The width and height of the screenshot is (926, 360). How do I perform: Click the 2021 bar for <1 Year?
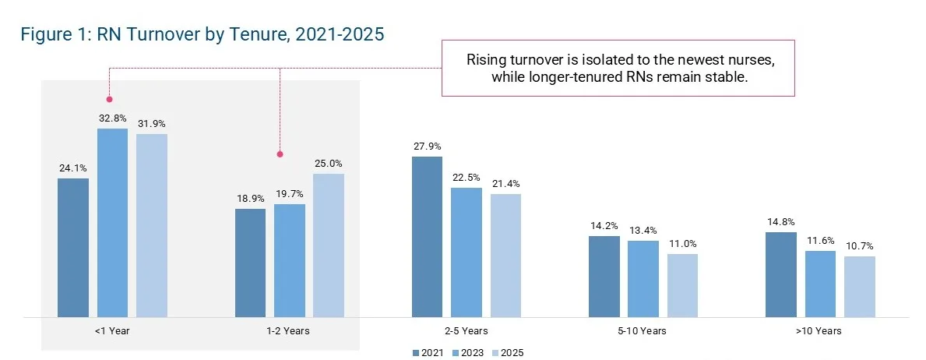(x=73, y=248)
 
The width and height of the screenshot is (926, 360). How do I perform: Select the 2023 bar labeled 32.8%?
(x=112, y=223)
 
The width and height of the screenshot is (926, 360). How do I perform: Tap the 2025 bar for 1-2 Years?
(x=328, y=245)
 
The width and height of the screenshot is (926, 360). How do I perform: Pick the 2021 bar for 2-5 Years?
(x=427, y=237)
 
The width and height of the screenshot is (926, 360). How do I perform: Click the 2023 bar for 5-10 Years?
(x=643, y=279)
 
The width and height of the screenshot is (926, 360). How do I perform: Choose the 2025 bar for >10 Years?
(x=859, y=287)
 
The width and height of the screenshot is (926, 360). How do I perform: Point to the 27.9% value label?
(x=427, y=146)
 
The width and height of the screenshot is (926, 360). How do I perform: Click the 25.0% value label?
(x=328, y=163)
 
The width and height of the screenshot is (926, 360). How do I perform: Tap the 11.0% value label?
(x=682, y=243)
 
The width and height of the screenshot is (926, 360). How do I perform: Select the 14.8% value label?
(x=780, y=221)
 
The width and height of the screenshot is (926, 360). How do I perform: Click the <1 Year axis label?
(x=112, y=331)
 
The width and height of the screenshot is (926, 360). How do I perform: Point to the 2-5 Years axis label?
(x=466, y=331)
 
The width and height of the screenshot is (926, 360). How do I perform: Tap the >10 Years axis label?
(x=819, y=331)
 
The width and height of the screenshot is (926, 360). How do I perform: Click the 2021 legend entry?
(x=428, y=353)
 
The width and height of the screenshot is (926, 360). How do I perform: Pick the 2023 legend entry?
(x=469, y=353)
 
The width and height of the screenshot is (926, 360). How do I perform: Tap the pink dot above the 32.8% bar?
(x=109, y=99)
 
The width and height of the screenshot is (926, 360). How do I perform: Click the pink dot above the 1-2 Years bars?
(x=280, y=154)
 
